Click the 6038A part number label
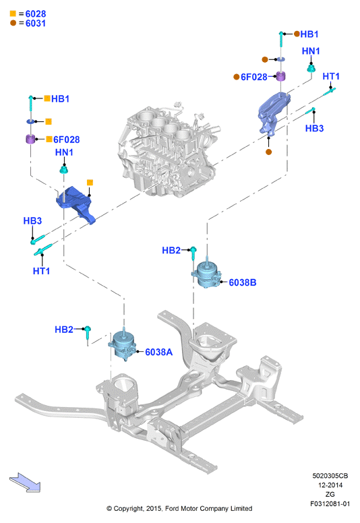(159, 352)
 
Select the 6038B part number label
(243, 282)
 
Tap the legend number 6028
(36, 13)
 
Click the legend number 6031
(36, 24)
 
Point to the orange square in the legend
(13, 13)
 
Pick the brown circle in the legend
(13, 23)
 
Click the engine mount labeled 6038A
(122, 344)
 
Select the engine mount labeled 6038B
(206, 273)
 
